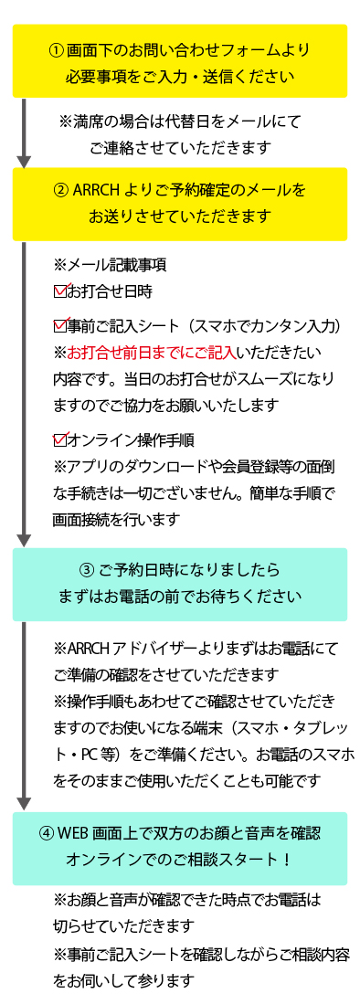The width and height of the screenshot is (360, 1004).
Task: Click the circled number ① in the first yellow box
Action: (x=57, y=50)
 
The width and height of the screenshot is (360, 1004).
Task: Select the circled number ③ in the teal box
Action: (x=87, y=569)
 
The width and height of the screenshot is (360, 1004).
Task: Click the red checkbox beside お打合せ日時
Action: (x=59, y=292)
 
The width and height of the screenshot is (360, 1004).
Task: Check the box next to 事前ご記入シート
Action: (x=59, y=326)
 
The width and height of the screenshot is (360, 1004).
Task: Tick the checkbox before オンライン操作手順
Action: (x=59, y=440)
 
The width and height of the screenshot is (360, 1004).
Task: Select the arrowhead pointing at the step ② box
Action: (x=24, y=161)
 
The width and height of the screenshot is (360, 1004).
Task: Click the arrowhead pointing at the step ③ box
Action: (x=24, y=540)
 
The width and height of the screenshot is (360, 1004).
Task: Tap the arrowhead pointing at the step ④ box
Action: (x=24, y=804)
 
